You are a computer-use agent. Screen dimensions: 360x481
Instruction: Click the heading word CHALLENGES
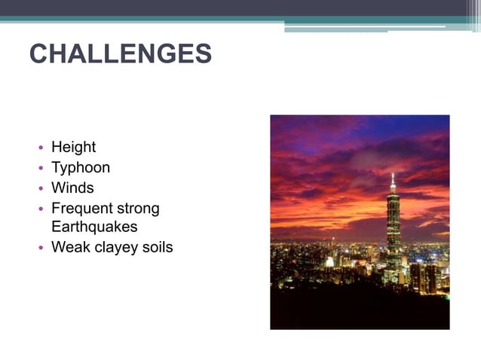pyautogui.click(x=120, y=54)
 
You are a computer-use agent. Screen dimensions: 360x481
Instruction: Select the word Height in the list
pyautogui.click(x=73, y=147)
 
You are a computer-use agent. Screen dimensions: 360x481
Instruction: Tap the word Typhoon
pyautogui.click(x=80, y=167)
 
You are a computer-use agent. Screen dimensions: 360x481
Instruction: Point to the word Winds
pyautogui.click(x=72, y=188)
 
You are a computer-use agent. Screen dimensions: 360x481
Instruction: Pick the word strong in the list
pyautogui.click(x=136, y=208)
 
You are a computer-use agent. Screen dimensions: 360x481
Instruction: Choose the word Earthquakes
pyautogui.click(x=94, y=226)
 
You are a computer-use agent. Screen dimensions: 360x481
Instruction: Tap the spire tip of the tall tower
pyautogui.click(x=393, y=175)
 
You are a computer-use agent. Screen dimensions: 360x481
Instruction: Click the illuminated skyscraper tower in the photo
pyautogui.click(x=393, y=226)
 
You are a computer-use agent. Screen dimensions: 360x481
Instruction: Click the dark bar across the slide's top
pyautogui.click(x=226, y=8)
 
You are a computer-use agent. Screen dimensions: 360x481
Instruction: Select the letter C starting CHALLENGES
pyautogui.click(x=38, y=54)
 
